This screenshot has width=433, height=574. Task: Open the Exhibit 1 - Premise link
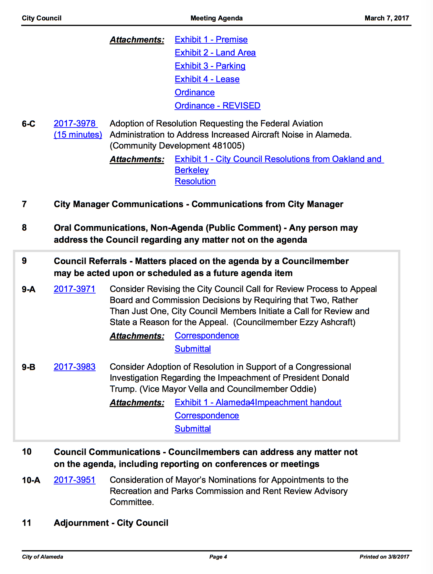[x=211, y=39]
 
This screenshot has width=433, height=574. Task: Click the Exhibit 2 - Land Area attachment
[x=215, y=53]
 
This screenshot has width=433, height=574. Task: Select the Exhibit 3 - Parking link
[x=210, y=66]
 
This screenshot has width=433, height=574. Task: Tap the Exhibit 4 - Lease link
[x=207, y=79]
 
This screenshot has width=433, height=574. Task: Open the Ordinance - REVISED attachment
[x=217, y=106]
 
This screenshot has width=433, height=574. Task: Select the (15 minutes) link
[x=78, y=135]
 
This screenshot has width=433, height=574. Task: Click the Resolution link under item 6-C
[x=195, y=181]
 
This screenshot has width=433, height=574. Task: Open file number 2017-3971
[x=75, y=289]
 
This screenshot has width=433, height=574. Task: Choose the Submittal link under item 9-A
[x=193, y=349]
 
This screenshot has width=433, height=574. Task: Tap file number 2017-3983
[x=75, y=367]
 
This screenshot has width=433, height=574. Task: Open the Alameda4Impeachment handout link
[x=258, y=402]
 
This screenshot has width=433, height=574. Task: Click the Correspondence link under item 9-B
[x=207, y=415]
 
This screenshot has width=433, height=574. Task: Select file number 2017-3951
[x=75, y=480]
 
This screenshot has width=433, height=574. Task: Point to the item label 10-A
[x=31, y=480]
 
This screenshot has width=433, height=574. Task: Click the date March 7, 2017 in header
[x=387, y=18]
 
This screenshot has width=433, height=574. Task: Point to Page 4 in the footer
[x=218, y=557]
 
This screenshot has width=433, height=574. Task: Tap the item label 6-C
[x=29, y=124]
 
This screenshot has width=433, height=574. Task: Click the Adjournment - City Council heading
[x=111, y=523]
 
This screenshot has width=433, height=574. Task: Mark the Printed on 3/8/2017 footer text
[x=384, y=557]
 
